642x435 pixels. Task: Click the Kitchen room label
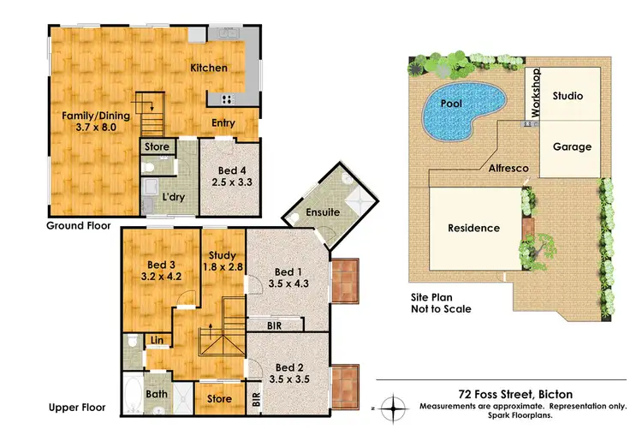[208, 68]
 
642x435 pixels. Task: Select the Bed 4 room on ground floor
[227, 175]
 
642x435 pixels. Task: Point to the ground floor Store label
[157, 147]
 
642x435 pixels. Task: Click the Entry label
[223, 123]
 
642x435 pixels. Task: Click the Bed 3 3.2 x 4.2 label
[154, 271]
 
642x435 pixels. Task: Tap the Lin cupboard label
[157, 342]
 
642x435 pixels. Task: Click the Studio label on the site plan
[567, 96]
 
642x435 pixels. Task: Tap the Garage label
[571, 146]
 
